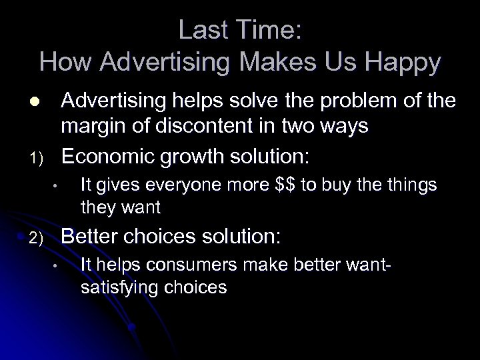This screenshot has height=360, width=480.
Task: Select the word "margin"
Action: (x=95, y=126)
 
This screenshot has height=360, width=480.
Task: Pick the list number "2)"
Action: (x=37, y=238)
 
